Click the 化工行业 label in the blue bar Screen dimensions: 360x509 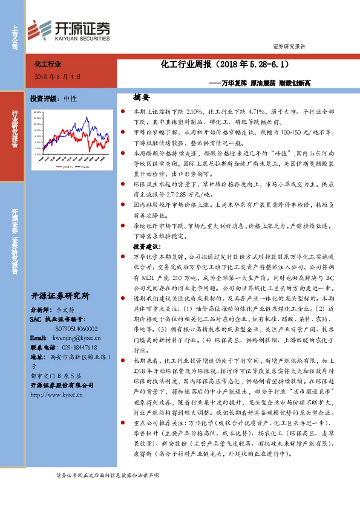point(48,63)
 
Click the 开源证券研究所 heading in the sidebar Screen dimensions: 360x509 point(60,296)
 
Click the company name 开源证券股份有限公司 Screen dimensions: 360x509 point(63,385)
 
